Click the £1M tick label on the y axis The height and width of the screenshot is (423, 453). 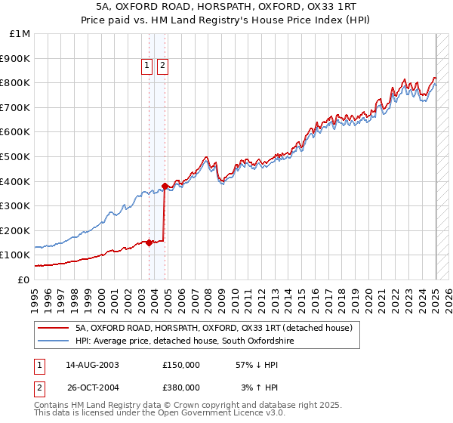[20, 34]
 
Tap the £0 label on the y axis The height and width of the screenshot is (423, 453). [23, 279]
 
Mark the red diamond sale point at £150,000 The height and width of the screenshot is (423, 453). [149, 242]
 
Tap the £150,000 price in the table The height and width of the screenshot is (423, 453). [181, 365]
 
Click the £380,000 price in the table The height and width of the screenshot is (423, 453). [181, 387]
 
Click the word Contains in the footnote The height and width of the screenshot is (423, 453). [53, 406]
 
